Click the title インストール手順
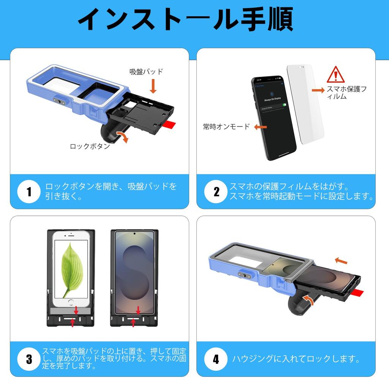point(185,19)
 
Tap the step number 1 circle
point(29,192)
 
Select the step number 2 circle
point(216,192)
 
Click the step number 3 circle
point(29,359)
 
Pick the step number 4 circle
point(216,359)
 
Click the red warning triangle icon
point(335,75)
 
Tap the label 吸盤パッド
point(146,72)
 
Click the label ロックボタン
point(90,146)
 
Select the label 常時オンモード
point(226,127)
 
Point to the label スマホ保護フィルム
point(346,93)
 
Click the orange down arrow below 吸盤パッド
point(153,86)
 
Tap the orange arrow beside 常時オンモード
point(260,127)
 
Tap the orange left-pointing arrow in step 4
point(341,261)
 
